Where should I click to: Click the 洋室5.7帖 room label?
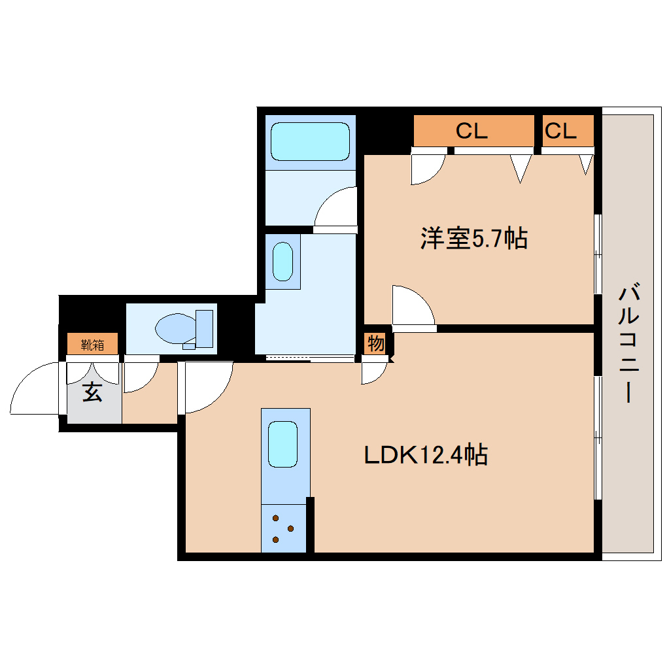[473, 239]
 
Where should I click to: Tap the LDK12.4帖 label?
[426, 454]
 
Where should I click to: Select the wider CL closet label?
[472, 131]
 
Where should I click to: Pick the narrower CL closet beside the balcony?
[560, 131]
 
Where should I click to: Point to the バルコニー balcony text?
[628, 343]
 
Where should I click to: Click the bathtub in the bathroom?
[310, 141]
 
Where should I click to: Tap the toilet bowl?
[174, 328]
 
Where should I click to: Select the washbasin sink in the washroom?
[282, 262]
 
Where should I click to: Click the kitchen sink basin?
[282, 445]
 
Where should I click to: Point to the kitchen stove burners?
[283, 528]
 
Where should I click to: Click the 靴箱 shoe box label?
[93, 344]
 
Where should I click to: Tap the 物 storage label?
[375, 343]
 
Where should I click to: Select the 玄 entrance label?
[92, 392]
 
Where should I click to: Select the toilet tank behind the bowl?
[205, 328]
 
